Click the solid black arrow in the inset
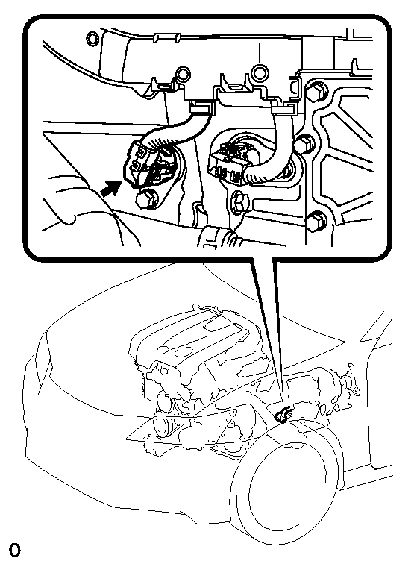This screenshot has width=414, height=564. tap(111, 188)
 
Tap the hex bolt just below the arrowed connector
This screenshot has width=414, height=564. tap(145, 199)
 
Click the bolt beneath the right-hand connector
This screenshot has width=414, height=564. tap(239, 202)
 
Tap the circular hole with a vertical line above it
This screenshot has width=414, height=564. tap(260, 72)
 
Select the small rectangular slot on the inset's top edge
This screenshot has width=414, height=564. tap(166, 37)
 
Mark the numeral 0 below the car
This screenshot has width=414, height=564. tap(15, 550)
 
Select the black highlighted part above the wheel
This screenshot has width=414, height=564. tap(284, 416)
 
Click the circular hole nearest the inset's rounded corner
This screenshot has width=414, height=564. tap(92, 39)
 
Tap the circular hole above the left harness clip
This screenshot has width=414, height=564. tap(184, 73)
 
